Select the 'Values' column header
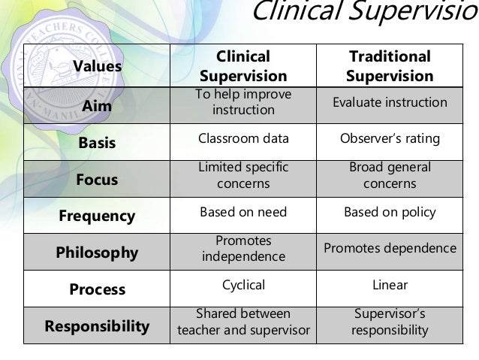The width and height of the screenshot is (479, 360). tap(98, 67)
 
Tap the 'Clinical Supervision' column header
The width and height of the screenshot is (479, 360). tap(243, 67)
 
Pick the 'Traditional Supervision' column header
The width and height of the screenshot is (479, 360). tap(390, 67)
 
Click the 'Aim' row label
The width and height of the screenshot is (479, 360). tap(98, 106)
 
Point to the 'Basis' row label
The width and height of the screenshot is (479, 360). tap(98, 140)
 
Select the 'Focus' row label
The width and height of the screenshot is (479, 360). tap(98, 179)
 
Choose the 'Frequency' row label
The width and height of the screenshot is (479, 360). tap(98, 216)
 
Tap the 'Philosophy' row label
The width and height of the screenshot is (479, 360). tap(98, 253)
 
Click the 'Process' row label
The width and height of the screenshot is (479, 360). tap(98, 289)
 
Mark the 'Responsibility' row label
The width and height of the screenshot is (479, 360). tap(98, 326)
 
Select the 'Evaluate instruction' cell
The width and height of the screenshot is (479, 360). tap(390, 102)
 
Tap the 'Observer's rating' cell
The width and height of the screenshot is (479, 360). tap(390, 139)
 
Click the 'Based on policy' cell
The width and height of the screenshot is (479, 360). tap(390, 212)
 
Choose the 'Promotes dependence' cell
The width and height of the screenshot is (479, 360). tap(390, 248)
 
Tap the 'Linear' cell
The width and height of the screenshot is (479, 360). tap(390, 286)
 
